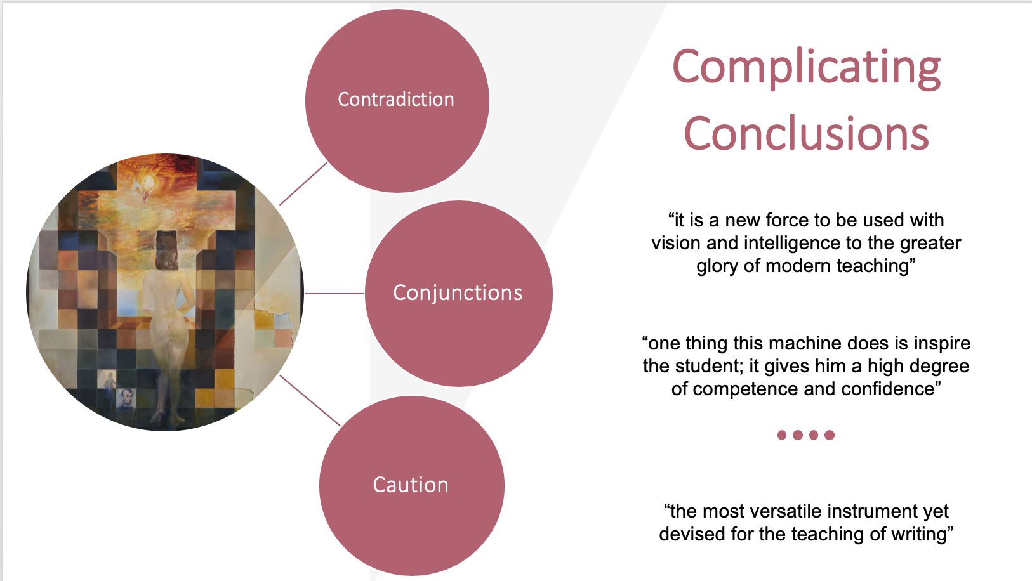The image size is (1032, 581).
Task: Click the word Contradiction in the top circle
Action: pyautogui.click(x=396, y=100)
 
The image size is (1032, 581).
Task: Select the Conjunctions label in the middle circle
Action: pyautogui.click(x=458, y=293)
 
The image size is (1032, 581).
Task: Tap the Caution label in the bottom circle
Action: pyautogui.click(x=411, y=485)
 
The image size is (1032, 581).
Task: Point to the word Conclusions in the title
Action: pyautogui.click(x=806, y=133)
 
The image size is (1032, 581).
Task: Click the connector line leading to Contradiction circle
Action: pyautogui.click(x=303, y=184)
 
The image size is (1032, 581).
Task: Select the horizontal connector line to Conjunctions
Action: pyautogui.click(x=334, y=293)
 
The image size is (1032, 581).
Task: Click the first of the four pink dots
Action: pyautogui.click(x=782, y=435)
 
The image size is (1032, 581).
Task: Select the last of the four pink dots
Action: pyautogui.click(x=830, y=435)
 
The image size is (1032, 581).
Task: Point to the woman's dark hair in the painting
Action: pyautogui.click(x=166, y=251)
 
